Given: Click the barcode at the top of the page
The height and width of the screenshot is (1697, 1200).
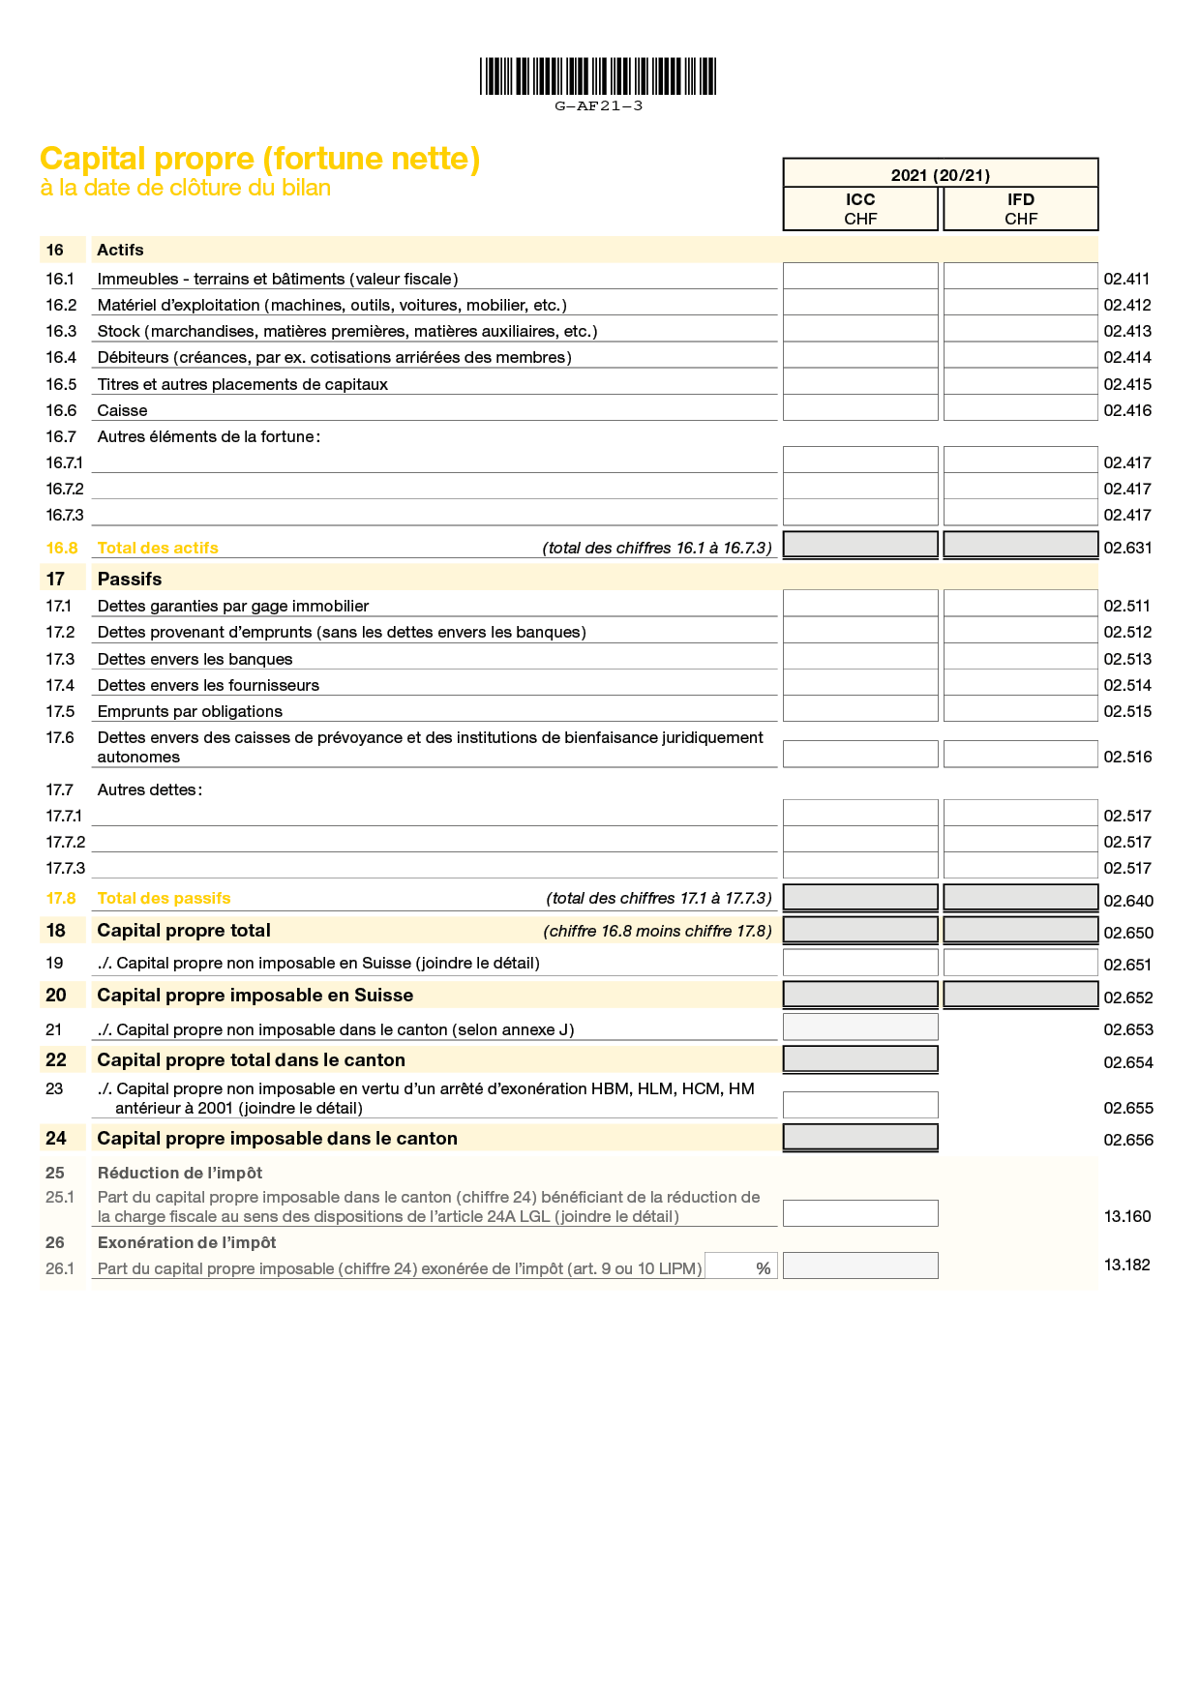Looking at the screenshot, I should click(x=598, y=76).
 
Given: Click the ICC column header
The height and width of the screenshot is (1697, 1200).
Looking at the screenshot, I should click(x=860, y=208).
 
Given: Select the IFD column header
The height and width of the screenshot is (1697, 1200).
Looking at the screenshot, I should click(x=1021, y=208).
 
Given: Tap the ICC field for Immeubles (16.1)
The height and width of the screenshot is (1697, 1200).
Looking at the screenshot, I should click(x=860, y=277).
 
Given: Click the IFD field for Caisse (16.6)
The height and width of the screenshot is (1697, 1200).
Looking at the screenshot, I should click(x=1021, y=408).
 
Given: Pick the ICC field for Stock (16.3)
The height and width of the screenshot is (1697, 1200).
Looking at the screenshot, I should click(x=860, y=329).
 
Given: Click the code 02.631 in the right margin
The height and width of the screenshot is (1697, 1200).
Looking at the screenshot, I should click(x=1127, y=548).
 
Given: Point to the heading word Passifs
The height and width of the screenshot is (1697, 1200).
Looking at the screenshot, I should click(x=130, y=579).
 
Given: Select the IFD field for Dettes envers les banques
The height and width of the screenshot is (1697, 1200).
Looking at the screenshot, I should click(x=1021, y=657).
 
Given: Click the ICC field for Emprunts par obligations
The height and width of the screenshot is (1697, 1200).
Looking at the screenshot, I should click(x=860, y=709).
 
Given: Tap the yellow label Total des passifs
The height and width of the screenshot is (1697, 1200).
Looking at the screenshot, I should click(x=164, y=898).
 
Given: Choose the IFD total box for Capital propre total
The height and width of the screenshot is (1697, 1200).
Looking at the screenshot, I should click(x=1021, y=930).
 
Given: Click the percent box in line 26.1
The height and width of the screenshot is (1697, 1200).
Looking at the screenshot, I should click(x=741, y=1266).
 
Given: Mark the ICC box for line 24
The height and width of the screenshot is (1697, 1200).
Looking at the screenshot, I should click(x=860, y=1137).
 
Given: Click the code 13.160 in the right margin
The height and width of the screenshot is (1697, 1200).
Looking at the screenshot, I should click(x=1127, y=1216).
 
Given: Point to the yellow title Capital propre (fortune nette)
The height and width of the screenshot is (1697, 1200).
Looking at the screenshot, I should click(x=259, y=159).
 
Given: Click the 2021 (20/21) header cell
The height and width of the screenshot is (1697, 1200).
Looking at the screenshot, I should click(x=941, y=174).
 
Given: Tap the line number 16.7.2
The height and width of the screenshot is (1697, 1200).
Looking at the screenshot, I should click(x=65, y=489).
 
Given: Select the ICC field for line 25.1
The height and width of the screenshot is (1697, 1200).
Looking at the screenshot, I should click(x=860, y=1213).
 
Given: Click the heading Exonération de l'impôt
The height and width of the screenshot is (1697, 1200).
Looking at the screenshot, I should click(x=187, y=1242).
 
